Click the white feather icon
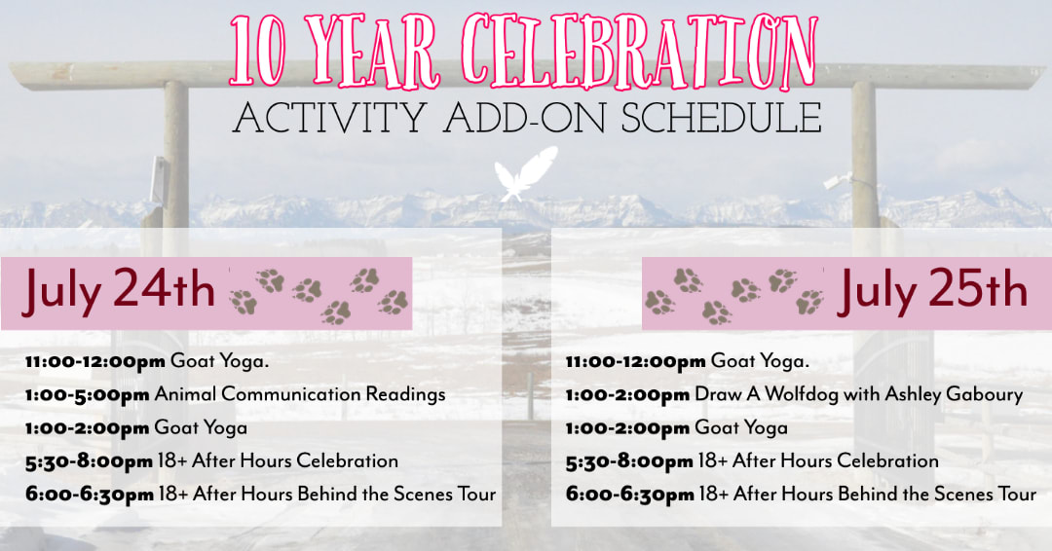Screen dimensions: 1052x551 pos(526,173)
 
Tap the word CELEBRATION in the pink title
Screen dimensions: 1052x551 pos(641,52)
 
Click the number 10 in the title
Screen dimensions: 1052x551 pos(257,54)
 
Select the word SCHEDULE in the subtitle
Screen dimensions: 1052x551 pos(721,118)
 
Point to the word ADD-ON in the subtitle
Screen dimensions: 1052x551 pos(525,118)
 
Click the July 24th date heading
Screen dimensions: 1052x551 pos(119,290)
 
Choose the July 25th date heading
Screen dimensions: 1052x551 pos(933,290)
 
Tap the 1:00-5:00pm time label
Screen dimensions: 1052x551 pos(88,395)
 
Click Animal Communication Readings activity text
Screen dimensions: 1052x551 pos(300,394)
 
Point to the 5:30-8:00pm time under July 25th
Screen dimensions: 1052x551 pos(629,461)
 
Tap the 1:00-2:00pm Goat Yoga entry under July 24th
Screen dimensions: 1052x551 pos(136,428)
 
